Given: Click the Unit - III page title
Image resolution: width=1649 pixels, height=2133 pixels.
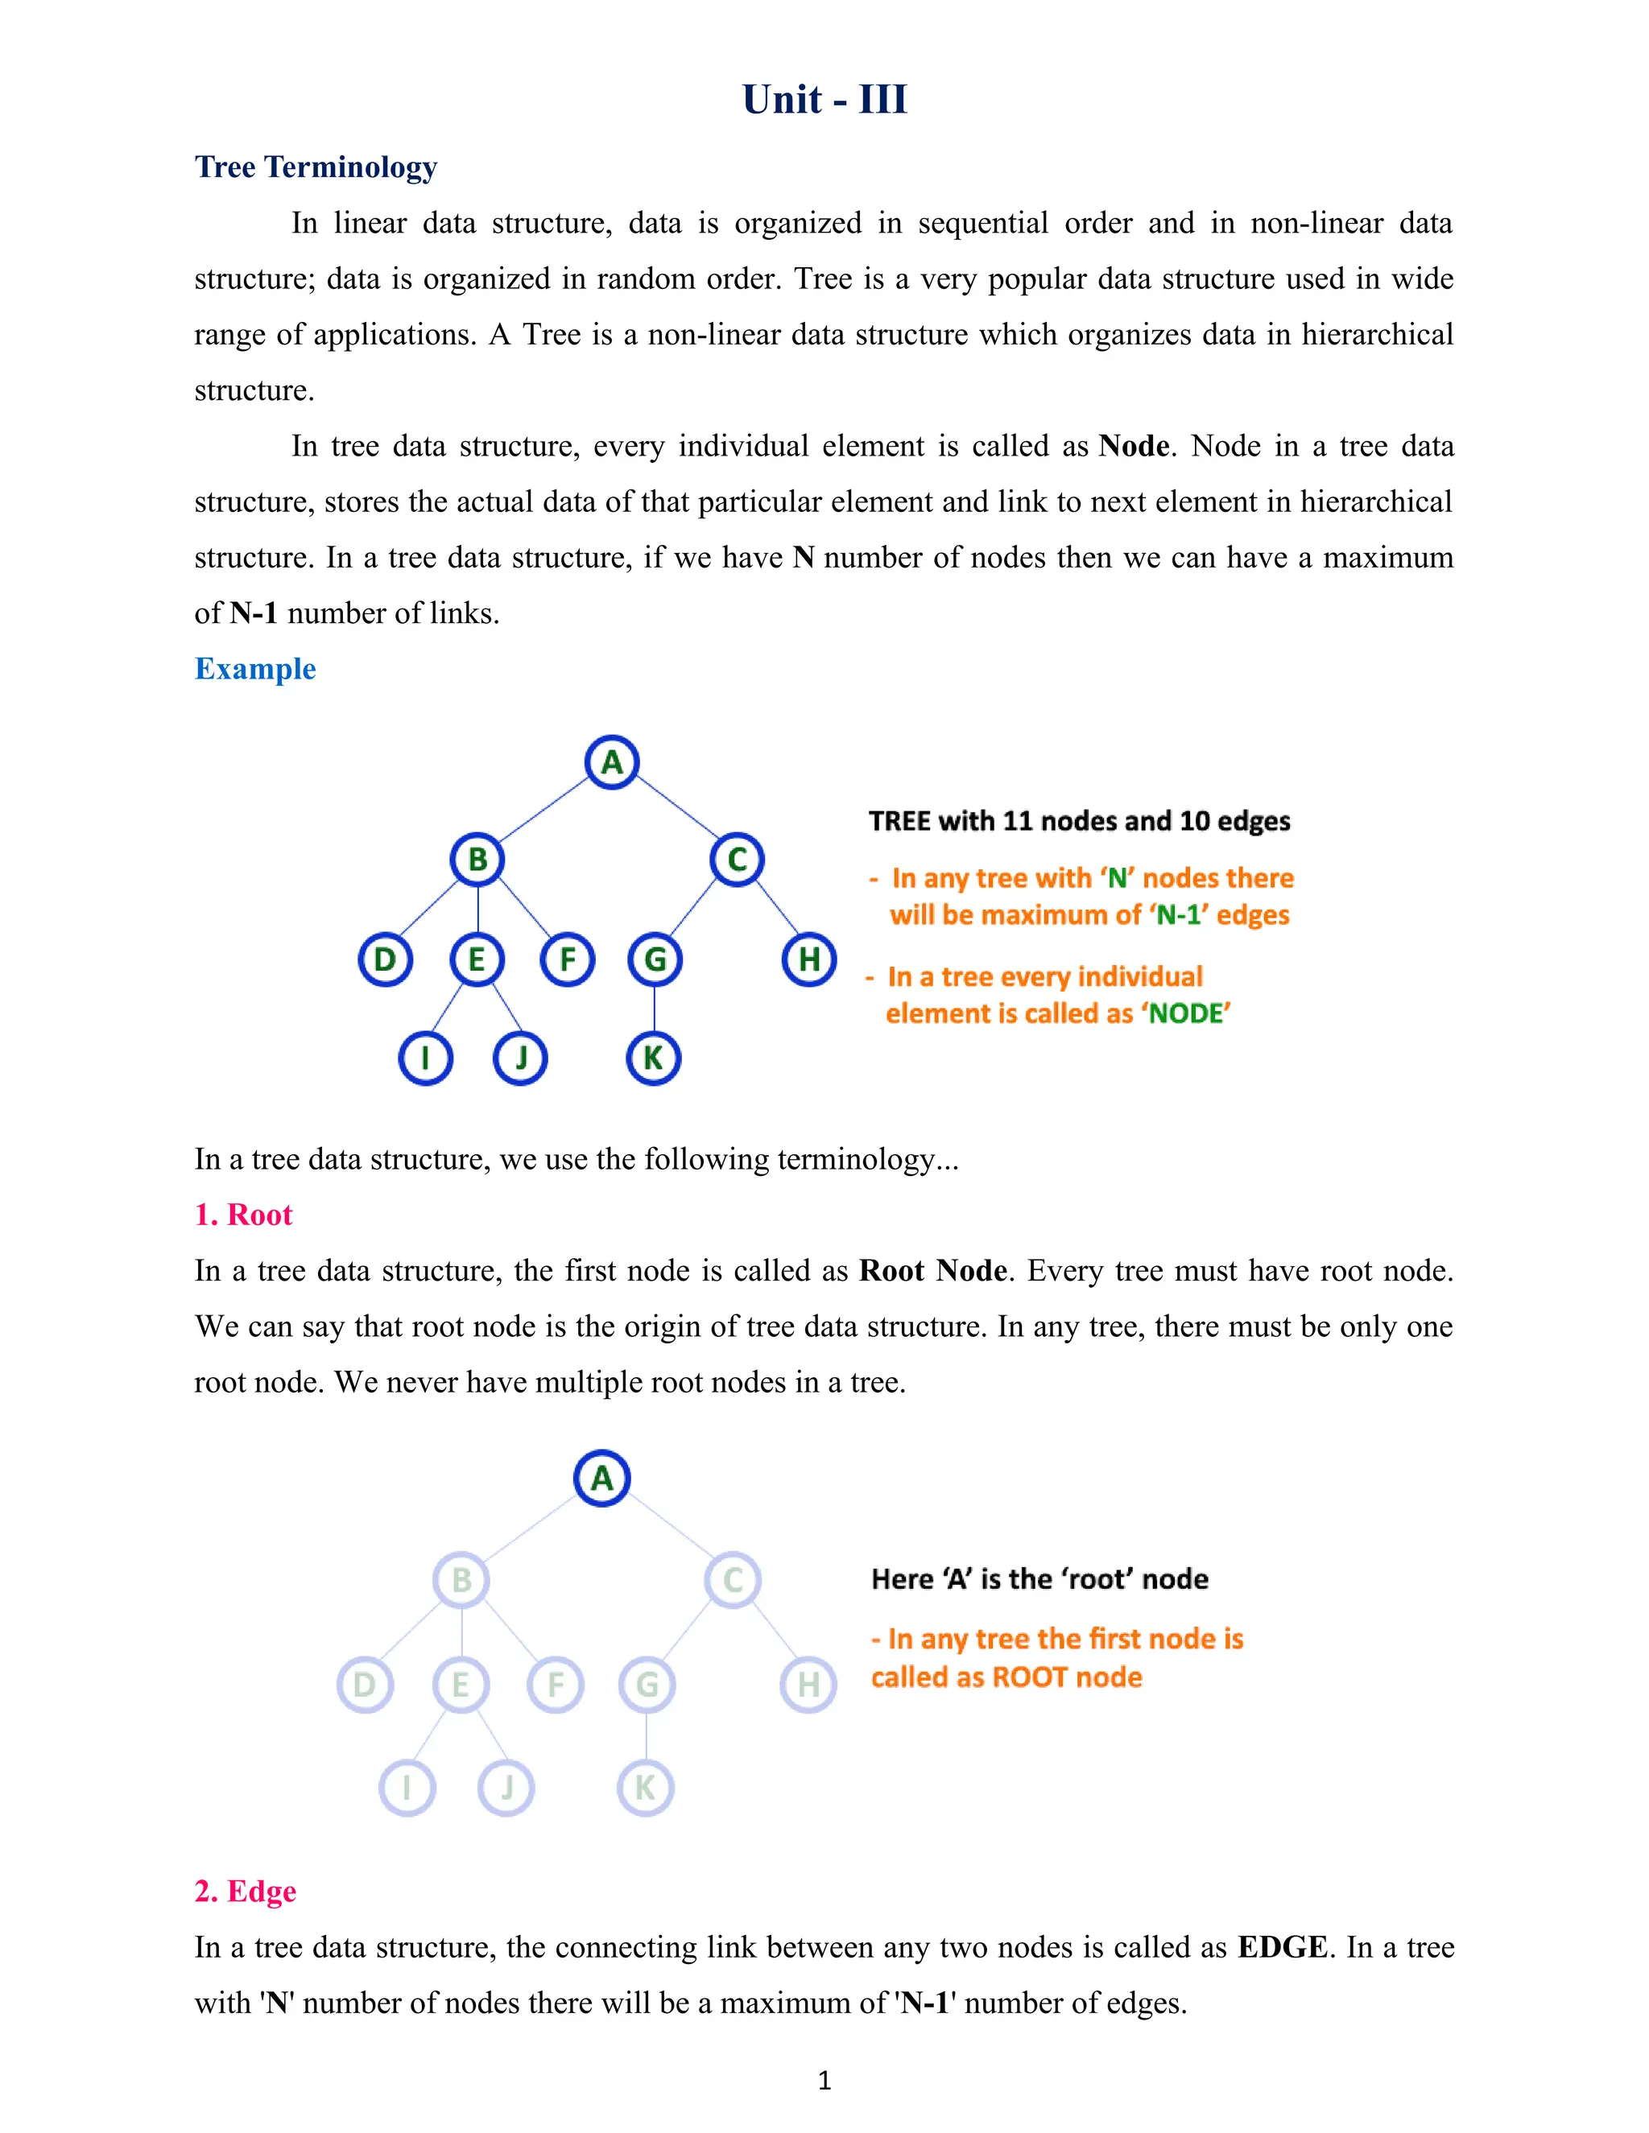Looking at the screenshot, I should point(824,100).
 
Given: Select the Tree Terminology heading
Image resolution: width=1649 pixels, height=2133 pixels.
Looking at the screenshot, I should point(316,167).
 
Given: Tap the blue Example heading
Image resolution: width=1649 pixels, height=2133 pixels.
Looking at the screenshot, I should point(255,669).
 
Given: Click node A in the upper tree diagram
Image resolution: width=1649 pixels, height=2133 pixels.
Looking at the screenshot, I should point(612,761).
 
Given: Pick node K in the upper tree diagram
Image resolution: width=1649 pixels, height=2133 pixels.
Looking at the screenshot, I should point(652,1058).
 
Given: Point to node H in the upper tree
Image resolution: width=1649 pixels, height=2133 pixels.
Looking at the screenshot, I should point(809,959).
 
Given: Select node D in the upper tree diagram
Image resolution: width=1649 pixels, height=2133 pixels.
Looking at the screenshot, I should point(385,959).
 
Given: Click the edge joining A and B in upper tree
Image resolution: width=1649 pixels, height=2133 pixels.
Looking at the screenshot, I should point(544,811).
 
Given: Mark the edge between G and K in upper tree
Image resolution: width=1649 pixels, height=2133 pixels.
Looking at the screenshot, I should point(654,1008).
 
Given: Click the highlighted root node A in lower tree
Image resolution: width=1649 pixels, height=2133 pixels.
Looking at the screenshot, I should point(601,1478).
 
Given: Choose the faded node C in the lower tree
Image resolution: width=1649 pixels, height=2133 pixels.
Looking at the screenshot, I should point(733,1579).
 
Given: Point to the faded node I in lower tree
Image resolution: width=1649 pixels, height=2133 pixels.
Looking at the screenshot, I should point(407,1787).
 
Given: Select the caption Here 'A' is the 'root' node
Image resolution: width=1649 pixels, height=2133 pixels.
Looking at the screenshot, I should point(1039,1579).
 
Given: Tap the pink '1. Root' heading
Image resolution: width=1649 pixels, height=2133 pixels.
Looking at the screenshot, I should point(243,1215).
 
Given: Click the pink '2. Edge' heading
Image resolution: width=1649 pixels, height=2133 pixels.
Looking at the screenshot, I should point(246,1892).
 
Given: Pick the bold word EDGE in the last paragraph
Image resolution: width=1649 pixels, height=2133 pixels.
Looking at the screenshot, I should point(1282,1947).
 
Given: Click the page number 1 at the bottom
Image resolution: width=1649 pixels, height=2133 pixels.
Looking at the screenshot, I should point(824,2080).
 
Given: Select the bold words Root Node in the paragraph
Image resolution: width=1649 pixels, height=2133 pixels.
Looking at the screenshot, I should point(933,1271).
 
